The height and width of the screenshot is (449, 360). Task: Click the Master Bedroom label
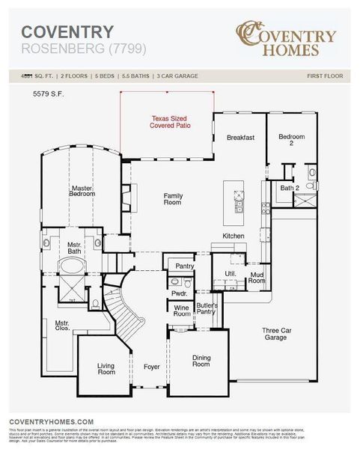[83, 191]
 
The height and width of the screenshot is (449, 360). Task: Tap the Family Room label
[174, 199]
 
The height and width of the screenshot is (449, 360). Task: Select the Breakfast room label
[241, 138]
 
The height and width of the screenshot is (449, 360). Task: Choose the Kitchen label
[234, 236]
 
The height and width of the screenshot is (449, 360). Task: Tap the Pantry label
[184, 266]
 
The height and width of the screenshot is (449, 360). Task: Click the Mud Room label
[257, 278]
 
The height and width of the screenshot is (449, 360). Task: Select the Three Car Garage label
[275, 334]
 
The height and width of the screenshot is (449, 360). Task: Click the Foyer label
[152, 367]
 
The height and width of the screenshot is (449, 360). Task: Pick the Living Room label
[106, 368]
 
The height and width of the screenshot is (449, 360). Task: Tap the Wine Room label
[182, 311]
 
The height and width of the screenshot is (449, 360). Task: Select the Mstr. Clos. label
[62, 326]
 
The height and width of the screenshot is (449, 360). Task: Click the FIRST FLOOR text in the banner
[325, 76]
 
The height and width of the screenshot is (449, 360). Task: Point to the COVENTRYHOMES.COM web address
[52, 422]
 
